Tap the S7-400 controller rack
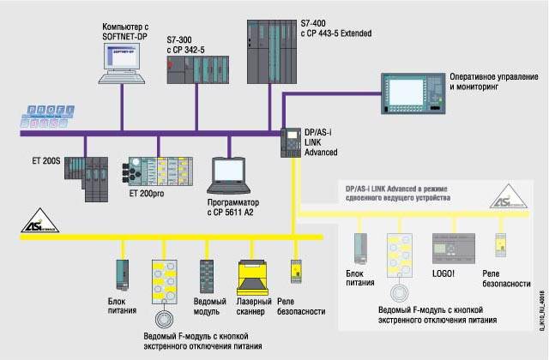click(x=271, y=55)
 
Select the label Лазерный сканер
click(x=253, y=306)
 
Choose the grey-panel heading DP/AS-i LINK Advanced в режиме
click(x=403, y=188)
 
